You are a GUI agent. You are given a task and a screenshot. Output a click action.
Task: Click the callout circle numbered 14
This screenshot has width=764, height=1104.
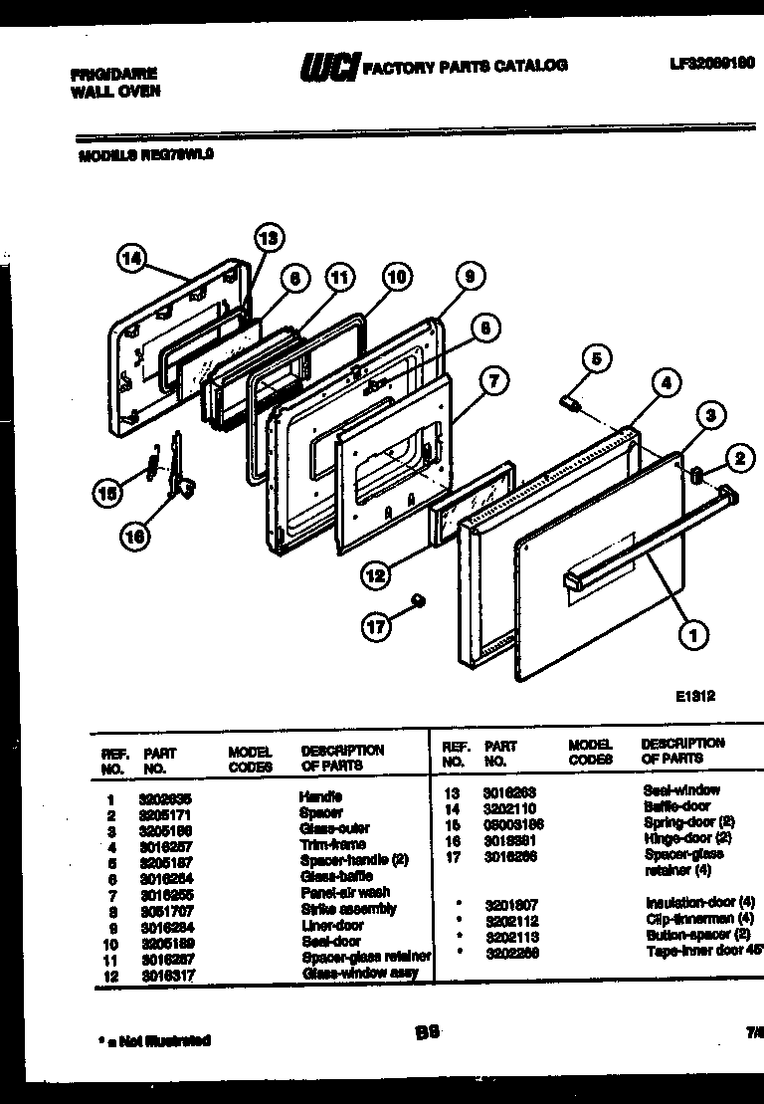point(130,258)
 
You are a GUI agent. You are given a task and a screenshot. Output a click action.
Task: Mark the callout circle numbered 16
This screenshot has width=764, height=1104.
point(134,536)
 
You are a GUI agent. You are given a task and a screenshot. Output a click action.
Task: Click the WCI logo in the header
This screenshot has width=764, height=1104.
point(326,67)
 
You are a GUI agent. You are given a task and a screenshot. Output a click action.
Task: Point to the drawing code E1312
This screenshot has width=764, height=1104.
point(694,697)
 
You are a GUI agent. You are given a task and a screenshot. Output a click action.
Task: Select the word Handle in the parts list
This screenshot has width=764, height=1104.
point(320,797)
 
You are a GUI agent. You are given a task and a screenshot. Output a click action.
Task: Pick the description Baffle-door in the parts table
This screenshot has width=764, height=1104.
point(676,806)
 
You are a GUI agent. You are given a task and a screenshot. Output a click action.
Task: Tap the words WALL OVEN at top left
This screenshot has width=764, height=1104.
point(114,91)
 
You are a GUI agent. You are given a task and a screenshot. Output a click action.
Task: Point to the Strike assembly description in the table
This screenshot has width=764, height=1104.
point(347,908)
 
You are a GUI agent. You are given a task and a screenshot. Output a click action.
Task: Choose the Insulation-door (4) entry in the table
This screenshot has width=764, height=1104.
point(699,902)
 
